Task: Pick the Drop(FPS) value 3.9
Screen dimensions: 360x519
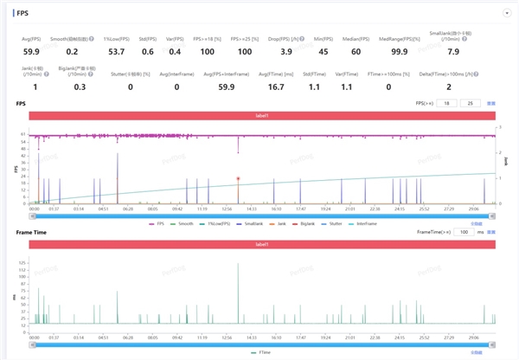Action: click(286, 53)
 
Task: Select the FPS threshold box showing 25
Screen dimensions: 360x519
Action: click(470, 103)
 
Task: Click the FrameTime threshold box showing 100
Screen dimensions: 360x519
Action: click(465, 233)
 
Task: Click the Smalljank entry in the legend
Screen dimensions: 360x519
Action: click(251, 223)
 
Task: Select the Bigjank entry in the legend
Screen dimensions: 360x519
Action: click(306, 223)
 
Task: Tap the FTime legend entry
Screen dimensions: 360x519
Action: click(263, 352)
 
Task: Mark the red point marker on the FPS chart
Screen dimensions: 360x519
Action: click(239, 178)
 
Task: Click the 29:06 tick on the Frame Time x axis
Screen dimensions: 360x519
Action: click(475, 337)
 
